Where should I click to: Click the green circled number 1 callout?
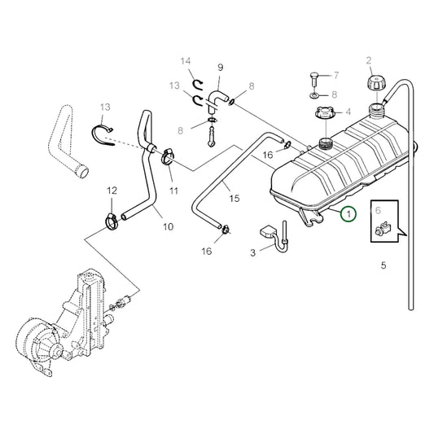[348, 215]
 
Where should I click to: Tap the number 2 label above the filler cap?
[368, 60]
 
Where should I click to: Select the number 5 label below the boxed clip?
[384, 265]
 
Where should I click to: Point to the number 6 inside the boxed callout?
[377, 210]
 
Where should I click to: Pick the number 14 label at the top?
[185, 61]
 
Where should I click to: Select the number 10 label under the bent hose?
[167, 226]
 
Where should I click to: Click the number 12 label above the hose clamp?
[112, 191]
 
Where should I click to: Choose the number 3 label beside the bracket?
[252, 253]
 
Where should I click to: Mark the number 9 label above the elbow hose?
[219, 68]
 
